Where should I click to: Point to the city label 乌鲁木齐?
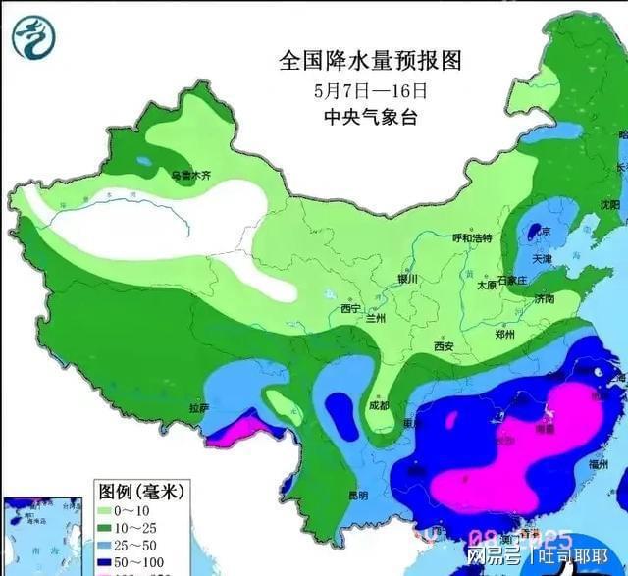[x=191, y=177]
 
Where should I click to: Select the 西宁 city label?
[x=351, y=309]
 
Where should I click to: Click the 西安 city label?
[x=444, y=346]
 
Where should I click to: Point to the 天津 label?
[x=543, y=259]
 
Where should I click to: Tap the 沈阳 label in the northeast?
[x=609, y=205]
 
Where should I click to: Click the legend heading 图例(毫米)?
[x=142, y=489]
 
